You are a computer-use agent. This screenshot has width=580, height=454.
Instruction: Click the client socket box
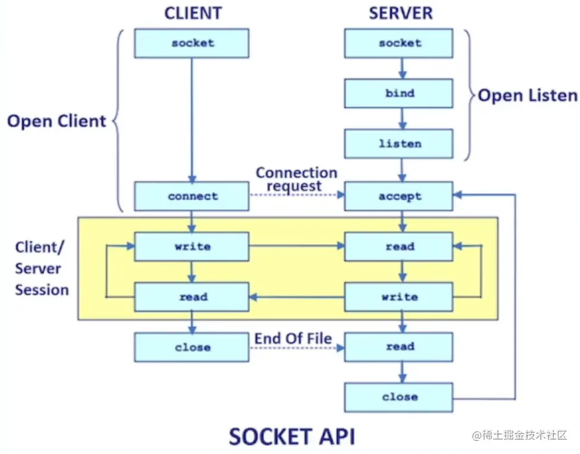pyautogui.click(x=191, y=43)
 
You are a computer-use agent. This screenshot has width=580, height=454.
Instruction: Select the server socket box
pyautogui.click(x=399, y=43)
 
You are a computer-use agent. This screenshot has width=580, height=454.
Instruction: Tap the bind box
pyautogui.click(x=399, y=93)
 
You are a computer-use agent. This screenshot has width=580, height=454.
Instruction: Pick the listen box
pyautogui.click(x=399, y=144)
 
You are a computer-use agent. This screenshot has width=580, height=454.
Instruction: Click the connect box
pyautogui.click(x=191, y=196)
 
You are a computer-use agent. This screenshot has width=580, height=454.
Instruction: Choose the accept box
pyautogui.click(x=399, y=196)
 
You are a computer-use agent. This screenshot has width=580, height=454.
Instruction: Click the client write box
pyautogui.click(x=191, y=246)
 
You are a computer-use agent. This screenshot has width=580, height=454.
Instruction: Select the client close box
pyautogui.click(x=191, y=347)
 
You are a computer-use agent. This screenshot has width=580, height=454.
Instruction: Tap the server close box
pyautogui.click(x=399, y=397)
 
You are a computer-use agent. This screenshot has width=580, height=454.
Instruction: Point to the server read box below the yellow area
pyautogui.click(x=399, y=347)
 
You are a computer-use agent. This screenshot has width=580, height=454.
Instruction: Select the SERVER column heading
pyautogui.click(x=401, y=13)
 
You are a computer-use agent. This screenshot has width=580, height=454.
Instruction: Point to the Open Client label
pyautogui.click(x=56, y=121)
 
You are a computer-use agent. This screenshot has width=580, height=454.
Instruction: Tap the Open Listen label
pyautogui.click(x=528, y=96)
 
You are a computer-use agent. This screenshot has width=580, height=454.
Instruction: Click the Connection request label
pyautogui.click(x=296, y=179)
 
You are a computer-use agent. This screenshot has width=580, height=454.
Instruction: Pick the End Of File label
pyautogui.click(x=293, y=339)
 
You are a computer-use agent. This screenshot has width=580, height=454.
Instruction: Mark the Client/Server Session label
pyautogui.click(x=42, y=269)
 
